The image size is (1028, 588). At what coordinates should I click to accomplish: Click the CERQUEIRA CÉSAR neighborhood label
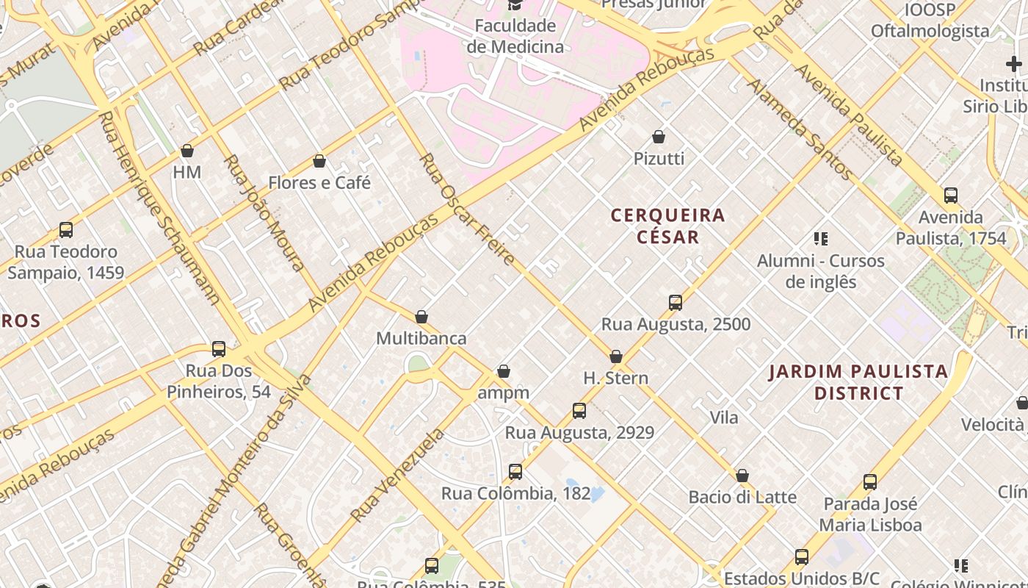point(667,226)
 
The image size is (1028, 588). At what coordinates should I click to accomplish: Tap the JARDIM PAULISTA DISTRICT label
point(858,382)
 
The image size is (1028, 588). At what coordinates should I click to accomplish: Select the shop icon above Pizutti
point(659,137)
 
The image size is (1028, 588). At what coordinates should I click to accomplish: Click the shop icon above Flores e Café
point(319,161)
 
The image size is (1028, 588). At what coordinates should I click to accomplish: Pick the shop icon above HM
point(187,151)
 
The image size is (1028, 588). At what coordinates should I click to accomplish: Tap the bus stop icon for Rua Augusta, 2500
point(676,303)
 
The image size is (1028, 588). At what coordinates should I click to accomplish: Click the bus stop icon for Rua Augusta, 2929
point(579,411)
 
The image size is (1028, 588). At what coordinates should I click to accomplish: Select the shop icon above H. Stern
point(616,356)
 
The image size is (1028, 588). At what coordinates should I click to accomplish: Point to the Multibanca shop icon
point(421,317)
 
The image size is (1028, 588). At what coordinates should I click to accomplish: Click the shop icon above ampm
point(504,372)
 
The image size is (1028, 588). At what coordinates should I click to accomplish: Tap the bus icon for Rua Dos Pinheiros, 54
point(219,349)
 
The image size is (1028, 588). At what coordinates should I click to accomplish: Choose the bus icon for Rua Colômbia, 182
point(515,472)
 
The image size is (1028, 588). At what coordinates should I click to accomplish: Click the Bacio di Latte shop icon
point(742,476)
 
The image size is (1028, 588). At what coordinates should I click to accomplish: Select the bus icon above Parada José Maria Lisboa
point(870,483)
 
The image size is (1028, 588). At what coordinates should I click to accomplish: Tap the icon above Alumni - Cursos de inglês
point(821,239)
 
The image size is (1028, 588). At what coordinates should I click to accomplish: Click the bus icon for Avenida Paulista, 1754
point(951,196)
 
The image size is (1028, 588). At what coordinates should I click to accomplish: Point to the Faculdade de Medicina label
point(515,36)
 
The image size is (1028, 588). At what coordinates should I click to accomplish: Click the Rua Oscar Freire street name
point(466,210)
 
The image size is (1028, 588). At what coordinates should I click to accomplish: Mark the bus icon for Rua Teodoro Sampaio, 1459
point(66,230)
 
